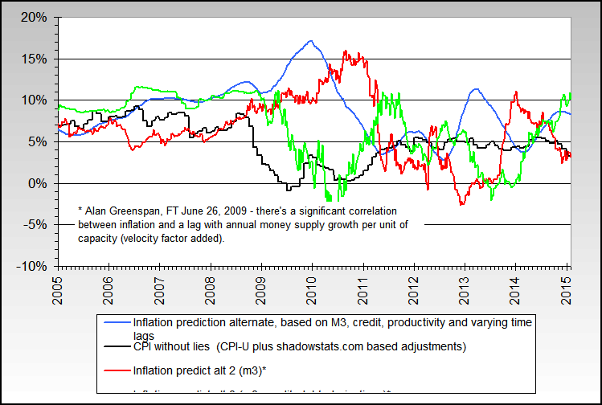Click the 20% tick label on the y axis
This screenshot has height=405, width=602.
click(35, 17)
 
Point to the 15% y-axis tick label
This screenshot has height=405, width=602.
click(35, 59)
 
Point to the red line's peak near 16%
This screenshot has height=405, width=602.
click(345, 51)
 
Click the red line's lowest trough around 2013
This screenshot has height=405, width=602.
click(461, 204)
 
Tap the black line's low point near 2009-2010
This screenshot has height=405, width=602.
click(289, 190)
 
